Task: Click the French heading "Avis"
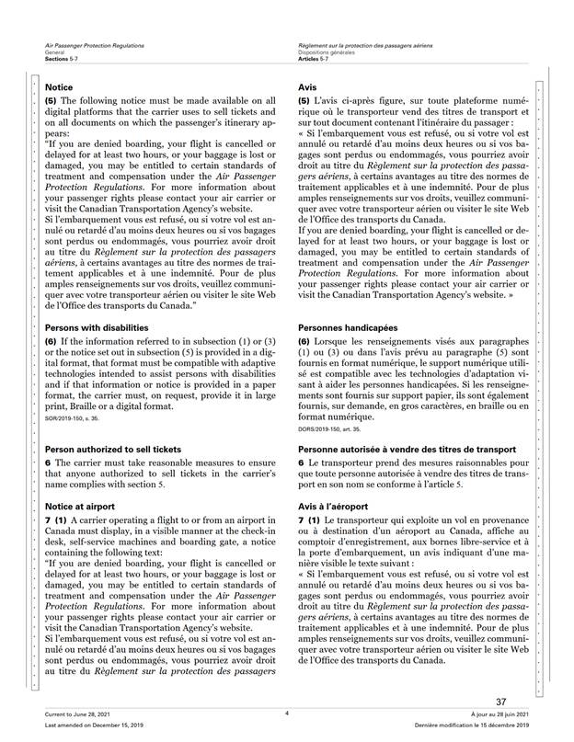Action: (308, 86)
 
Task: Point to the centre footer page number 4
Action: (287, 713)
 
